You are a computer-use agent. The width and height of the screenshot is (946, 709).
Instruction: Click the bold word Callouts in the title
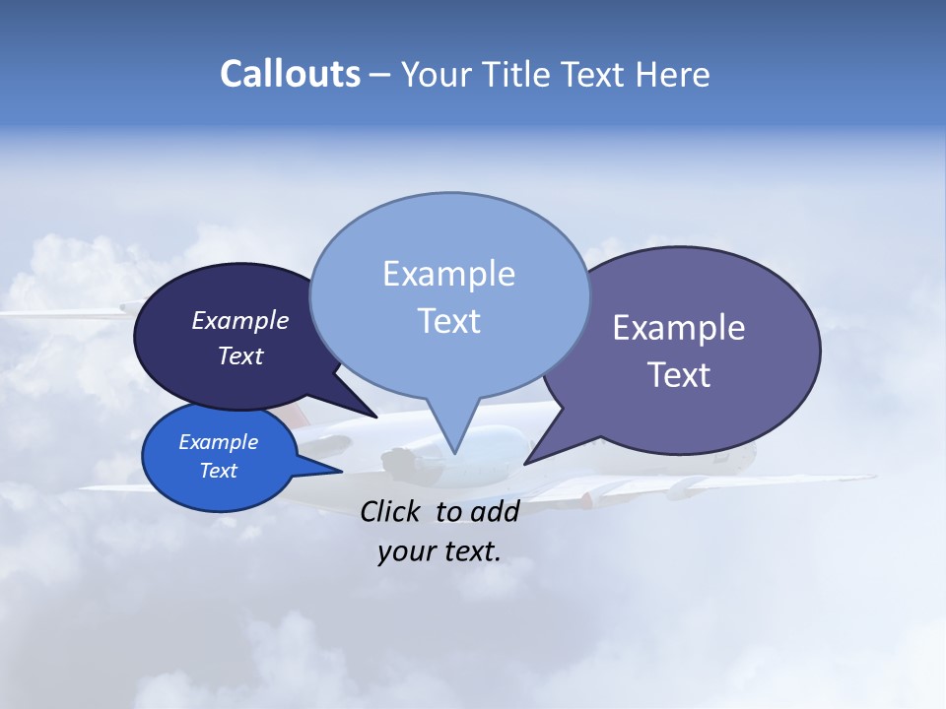291,75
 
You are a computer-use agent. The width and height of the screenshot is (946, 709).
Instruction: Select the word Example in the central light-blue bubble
448,274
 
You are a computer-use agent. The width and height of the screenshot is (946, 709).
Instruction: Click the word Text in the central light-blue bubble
448,321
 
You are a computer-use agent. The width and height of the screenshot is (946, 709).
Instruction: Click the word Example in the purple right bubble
679,328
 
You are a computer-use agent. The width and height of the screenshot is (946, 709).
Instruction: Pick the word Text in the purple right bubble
679,375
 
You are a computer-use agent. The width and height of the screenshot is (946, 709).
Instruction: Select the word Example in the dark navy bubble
239,321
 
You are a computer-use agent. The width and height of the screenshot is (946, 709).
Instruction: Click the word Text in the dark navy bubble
239,356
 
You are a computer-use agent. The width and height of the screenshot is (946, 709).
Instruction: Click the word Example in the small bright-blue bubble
218,442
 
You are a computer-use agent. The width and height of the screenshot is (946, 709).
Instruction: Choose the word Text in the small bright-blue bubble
218,471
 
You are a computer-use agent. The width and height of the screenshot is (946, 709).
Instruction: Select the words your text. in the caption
439,551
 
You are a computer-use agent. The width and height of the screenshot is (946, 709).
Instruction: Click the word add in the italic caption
495,511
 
